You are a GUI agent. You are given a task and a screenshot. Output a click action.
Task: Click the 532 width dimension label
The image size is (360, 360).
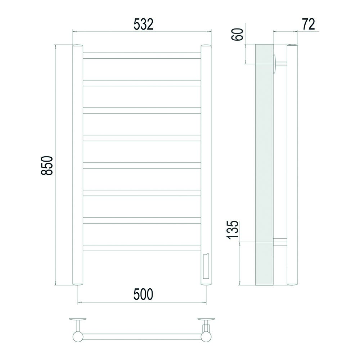(x=143, y=24)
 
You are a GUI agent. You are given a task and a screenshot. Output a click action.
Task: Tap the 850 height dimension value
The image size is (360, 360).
(x=47, y=166)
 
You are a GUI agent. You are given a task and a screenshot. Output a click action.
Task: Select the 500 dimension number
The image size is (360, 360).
(x=143, y=294)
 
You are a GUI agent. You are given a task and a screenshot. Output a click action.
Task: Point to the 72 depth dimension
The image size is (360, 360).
(x=309, y=24)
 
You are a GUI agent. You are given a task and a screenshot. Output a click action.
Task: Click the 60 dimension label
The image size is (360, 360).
(x=237, y=35)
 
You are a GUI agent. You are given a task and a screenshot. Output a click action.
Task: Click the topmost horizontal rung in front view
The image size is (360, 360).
(x=142, y=55)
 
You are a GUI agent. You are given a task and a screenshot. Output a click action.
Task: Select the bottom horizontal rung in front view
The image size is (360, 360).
(x=142, y=248)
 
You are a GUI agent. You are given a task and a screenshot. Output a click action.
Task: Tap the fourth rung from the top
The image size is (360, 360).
(x=142, y=138)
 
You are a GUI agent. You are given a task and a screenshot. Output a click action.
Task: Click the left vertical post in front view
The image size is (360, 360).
(x=78, y=165)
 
